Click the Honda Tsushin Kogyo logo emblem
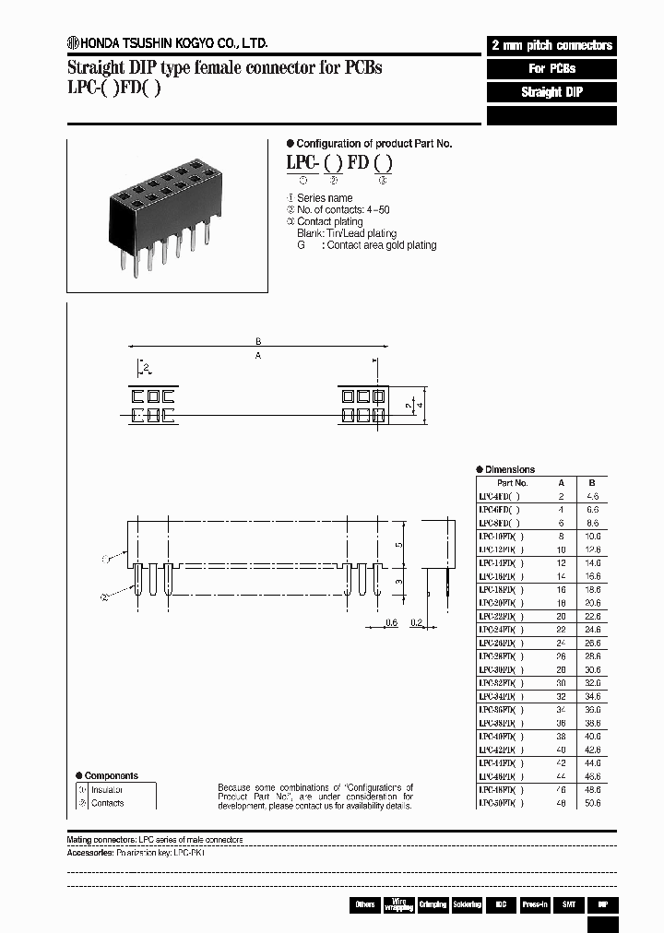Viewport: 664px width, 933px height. tap(73, 41)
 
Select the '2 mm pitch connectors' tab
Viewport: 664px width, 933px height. tap(551, 45)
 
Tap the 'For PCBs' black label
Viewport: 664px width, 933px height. tap(551, 69)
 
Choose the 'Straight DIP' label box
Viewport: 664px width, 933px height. tap(551, 92)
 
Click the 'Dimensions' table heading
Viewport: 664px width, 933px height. tap(508, 469)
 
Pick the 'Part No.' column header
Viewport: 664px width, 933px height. tap(512, 482)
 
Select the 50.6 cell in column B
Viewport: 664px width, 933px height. tap(592, 803)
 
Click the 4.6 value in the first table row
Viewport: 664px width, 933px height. tap(592, 495)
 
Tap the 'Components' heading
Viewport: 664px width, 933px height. tap(111, 776)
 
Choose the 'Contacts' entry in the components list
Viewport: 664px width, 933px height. tap(107, 803)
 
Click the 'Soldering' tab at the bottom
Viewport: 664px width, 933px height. tap(466, 904)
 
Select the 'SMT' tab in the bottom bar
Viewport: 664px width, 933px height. tap(568, 904)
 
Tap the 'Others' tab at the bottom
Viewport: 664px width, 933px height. tap(365, 904)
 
